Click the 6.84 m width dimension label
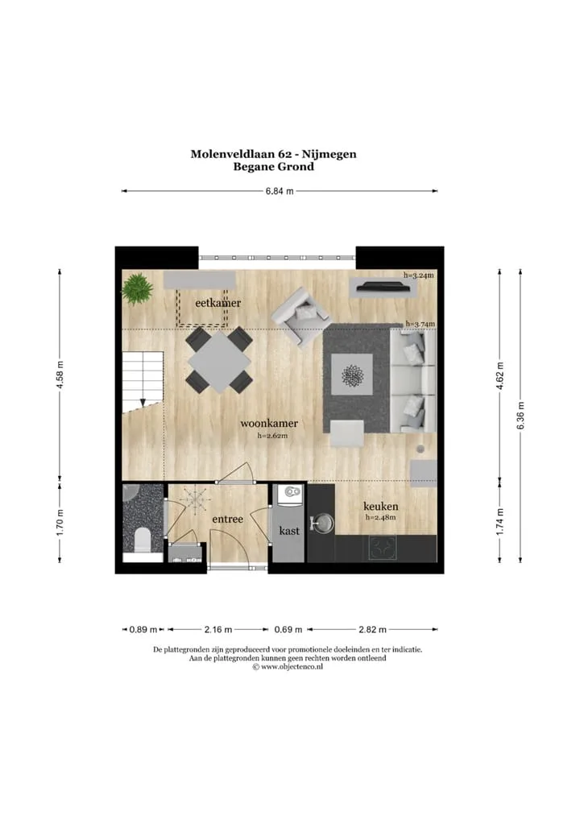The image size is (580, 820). click(280, 191)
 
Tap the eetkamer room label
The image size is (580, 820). click(218, 303)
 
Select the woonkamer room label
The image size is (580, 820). click(269, 423)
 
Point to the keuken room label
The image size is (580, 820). click(381, 506)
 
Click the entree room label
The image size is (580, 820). click(227, 519)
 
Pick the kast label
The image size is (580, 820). click(289, 530)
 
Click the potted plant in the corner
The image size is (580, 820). click(138, 288)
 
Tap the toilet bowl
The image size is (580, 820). click(143, 539)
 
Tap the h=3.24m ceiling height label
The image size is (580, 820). click(418, 275)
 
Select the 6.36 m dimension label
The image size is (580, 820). click(520, 416)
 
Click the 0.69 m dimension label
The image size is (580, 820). click(288, 629)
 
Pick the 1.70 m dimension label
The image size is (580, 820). click(60, 522)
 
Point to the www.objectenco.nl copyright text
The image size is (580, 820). click(288, 667)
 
